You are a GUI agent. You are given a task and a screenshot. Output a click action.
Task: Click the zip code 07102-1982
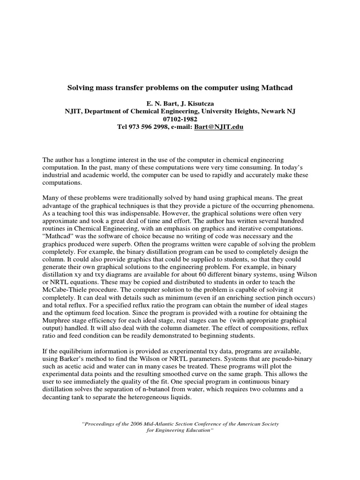pyautogui.click(x=180, y=119)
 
